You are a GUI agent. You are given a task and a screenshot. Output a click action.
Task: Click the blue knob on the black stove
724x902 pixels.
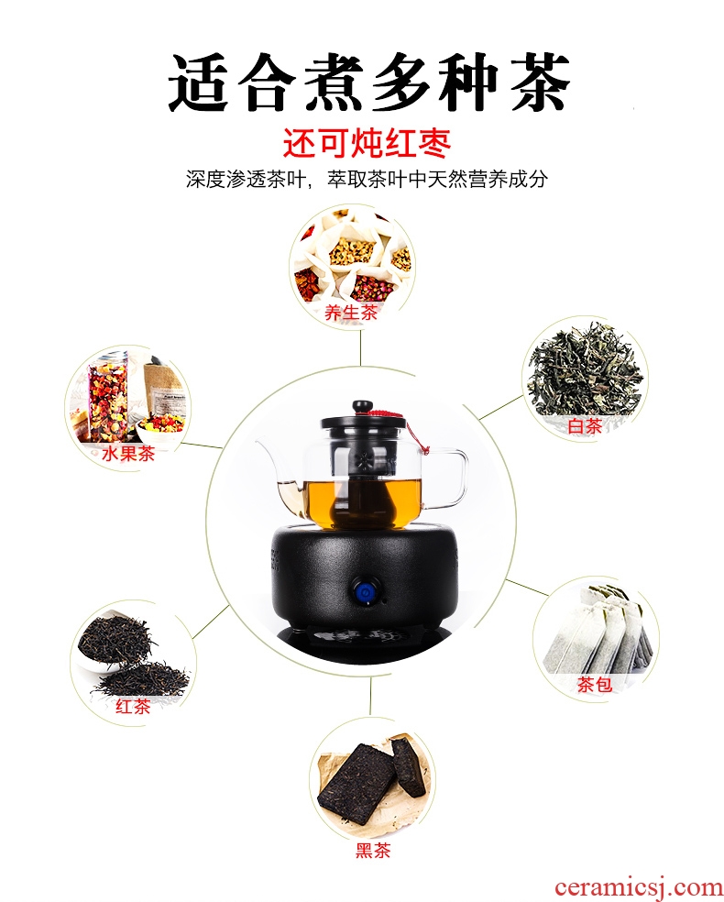pyautogui.click(x=363, y=593)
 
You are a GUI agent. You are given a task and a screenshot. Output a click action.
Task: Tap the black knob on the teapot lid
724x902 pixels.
pyautogui.click(x=363, y=407)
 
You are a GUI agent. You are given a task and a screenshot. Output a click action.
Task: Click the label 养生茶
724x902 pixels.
pyautogui.click(x=351, y=313)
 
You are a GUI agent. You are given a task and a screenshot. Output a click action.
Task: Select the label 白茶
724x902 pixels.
pyautogui.click(x=585, y=426)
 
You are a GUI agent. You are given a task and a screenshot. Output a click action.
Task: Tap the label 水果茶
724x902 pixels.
pyautogui.click(x=128, y=454)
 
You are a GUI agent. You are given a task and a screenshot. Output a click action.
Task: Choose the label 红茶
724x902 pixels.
pyautogui.click(x=133, y=707)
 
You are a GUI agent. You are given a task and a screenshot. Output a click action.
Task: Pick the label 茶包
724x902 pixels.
pyautogui.click(x=595, y=685)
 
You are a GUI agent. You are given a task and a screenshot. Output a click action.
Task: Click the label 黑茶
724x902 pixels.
pyautogui.click(x=373, y=851)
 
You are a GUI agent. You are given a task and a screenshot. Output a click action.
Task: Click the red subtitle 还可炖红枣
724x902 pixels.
pyautogui.click(x=367, y=144)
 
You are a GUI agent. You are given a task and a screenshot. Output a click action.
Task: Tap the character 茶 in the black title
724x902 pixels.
pyautogui.click(x=541, y=82)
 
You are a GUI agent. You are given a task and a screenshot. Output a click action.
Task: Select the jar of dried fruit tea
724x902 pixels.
pyautogui.click(x=107, y=396)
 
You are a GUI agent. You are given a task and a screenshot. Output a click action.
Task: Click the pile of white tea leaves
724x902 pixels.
pyautogui.click(x=585, y=369)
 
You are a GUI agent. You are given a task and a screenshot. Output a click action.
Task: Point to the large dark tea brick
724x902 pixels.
pyautogui.click(x=356, y=784)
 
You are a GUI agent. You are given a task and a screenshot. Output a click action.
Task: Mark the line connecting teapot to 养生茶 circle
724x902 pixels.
pyautogui.click(x=360, y=347)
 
